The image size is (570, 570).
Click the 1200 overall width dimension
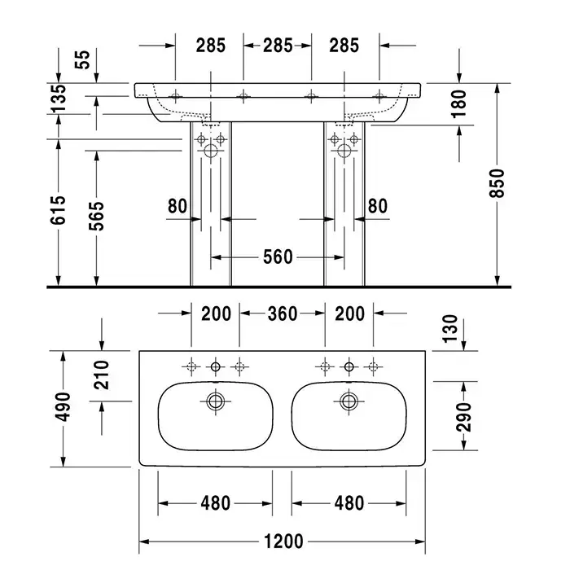(x=283, y=541)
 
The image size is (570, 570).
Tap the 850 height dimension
(x=498, y=183)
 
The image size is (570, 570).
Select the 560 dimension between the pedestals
(x=278, y=257)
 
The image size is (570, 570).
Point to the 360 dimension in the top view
(x=283, y=313)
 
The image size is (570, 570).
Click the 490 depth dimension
(x=63, y=407)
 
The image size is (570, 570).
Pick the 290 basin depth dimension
(x=464, y=417)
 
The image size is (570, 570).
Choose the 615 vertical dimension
(x=58, y=210)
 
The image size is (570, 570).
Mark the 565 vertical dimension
(x=96, y=216)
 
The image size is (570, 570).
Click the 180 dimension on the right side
(x=458, y=103)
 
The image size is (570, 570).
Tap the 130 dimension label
(x=450, y=329)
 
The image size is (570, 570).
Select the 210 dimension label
(x=101, y=375)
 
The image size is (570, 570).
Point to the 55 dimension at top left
(x=82, y=59)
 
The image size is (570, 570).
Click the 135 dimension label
(x=58, y=99)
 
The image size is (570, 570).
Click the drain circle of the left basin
(x=216, y=401)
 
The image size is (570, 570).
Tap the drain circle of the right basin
(x=349, y=401)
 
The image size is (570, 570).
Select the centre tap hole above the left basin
(x=216, y=366)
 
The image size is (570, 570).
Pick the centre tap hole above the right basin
(x=349, y=366)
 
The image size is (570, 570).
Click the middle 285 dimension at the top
(x=278, y=46)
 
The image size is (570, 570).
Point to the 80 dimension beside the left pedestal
(x=178, y=206)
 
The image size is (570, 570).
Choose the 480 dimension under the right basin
(x=349, y=503)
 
